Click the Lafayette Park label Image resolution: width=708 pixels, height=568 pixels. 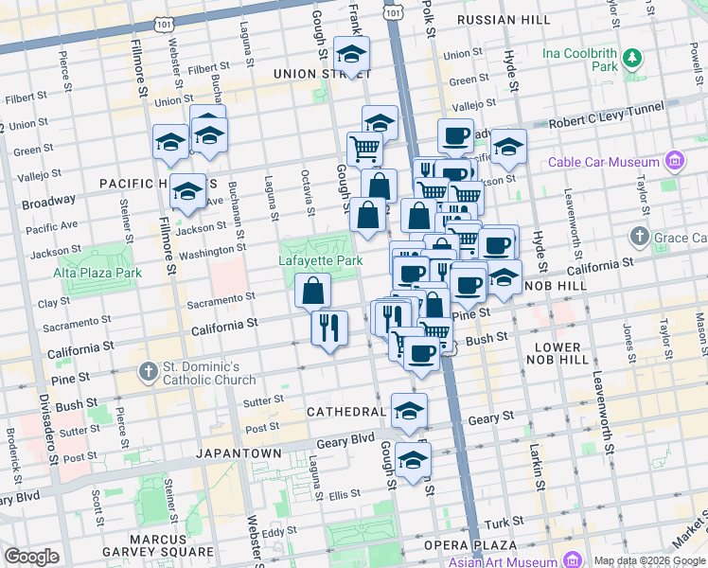(x=319, y=259)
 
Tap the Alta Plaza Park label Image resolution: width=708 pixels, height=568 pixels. (x=97, y=273)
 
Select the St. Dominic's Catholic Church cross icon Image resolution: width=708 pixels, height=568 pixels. (x=148, y=372)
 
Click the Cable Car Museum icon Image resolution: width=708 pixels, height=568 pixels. (x=674, y=161)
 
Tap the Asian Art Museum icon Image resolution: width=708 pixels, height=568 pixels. (x=570, y=560)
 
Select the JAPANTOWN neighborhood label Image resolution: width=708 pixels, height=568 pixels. (x=238, y=453)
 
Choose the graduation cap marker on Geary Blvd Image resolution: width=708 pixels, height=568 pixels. (x=413, y=460)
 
